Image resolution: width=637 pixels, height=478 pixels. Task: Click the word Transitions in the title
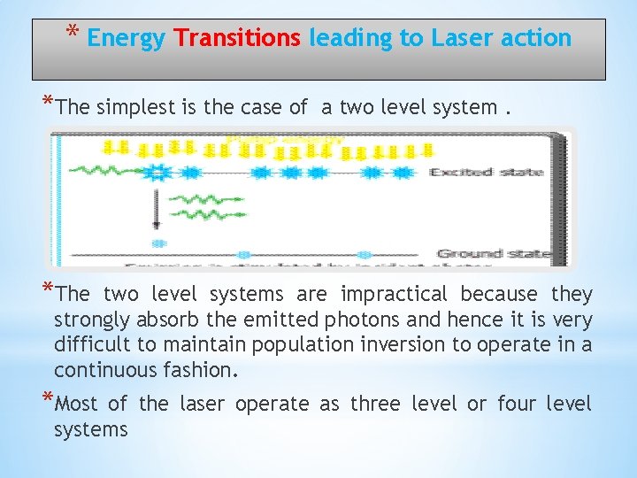pyautogui.click(x=237, y=38)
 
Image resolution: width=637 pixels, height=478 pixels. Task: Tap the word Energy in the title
pyautogui.click(x=127, y=38)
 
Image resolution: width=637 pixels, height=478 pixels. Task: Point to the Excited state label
pyautogui.click(x=486, y=172)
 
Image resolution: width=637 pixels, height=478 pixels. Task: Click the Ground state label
pyautogui.click(x=494, y=254)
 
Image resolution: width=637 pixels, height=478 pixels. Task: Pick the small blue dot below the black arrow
pyautogui.click(x=158, y=243)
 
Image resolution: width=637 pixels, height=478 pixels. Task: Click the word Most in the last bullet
pyautogui.click(x=76, y=405)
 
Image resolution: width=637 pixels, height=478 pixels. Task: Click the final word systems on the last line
pyautogui.click(x=91, y=430)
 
